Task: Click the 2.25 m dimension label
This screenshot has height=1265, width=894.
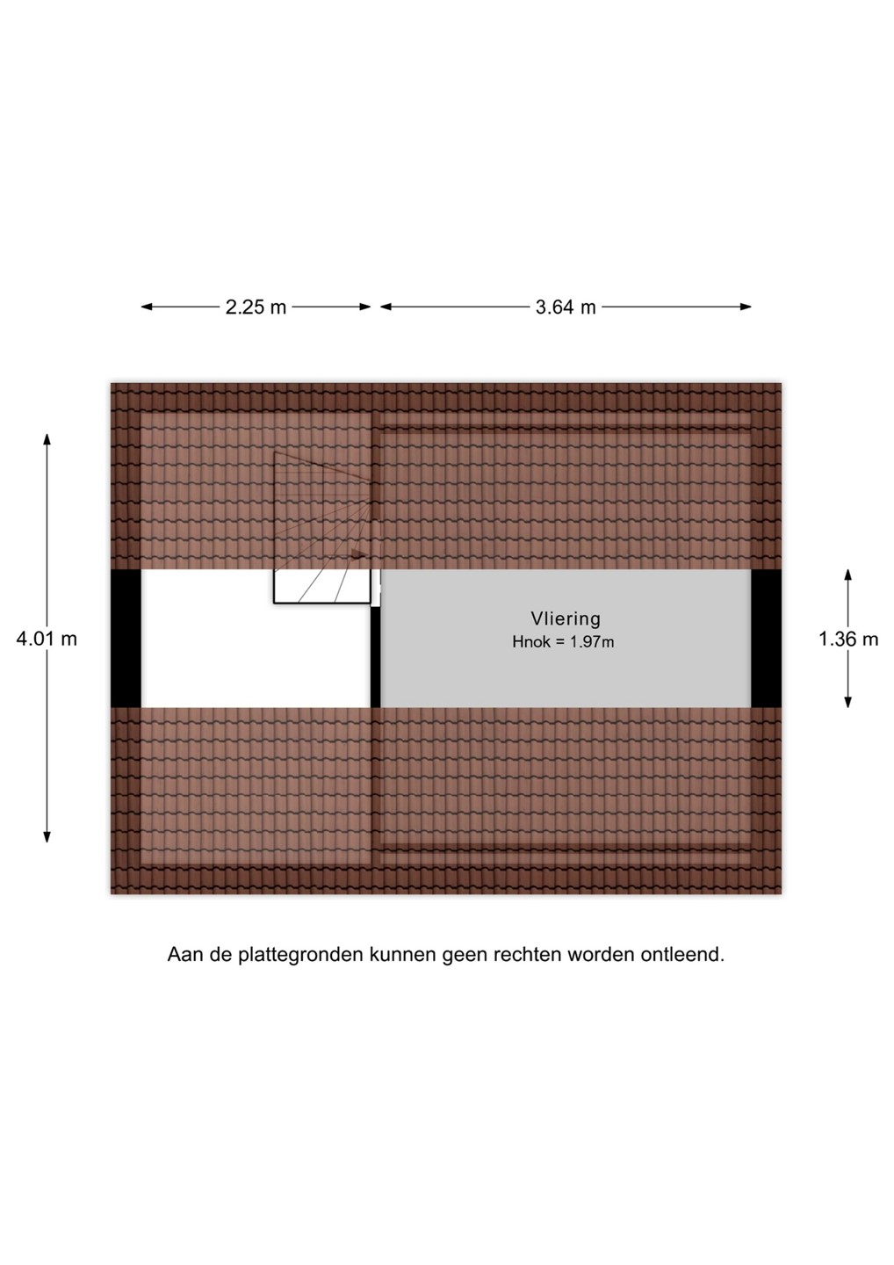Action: pos(256,307)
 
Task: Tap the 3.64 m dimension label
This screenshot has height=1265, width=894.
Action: pos(566,307)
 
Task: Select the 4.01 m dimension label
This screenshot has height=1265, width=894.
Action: pos(47,639)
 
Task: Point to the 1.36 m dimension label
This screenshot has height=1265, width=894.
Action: pos(848,639)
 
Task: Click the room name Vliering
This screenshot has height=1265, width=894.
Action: pos(566,618)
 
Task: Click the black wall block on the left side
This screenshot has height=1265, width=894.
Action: pos(126,638)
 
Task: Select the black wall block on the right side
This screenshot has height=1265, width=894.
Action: pos(766,638)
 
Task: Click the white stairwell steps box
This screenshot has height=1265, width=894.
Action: pos(322,586)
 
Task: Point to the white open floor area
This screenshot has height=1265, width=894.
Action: pos(256,655)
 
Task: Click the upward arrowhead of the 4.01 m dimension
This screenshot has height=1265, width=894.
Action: pos(47,439)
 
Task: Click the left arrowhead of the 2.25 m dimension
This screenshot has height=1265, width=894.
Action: pos(147,307)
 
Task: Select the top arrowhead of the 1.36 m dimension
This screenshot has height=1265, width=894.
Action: pos(847,575)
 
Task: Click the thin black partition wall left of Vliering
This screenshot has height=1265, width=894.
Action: pos(375,656)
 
